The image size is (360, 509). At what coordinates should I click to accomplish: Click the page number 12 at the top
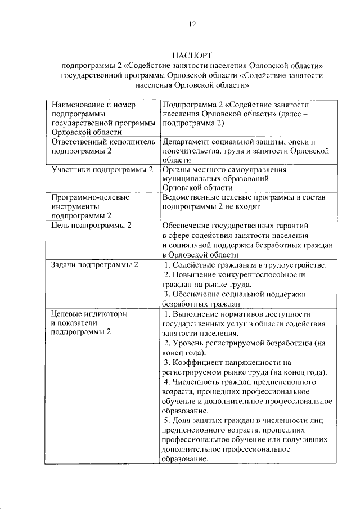(x=191, y=24)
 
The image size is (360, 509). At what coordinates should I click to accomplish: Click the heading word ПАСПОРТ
(x=191, y=56)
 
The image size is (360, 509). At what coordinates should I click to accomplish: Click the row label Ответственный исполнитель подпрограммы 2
(x=102, y=146)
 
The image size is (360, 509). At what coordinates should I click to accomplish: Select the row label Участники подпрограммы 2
(x=102, y=169)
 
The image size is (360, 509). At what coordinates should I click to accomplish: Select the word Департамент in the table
(x=187, y=142)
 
